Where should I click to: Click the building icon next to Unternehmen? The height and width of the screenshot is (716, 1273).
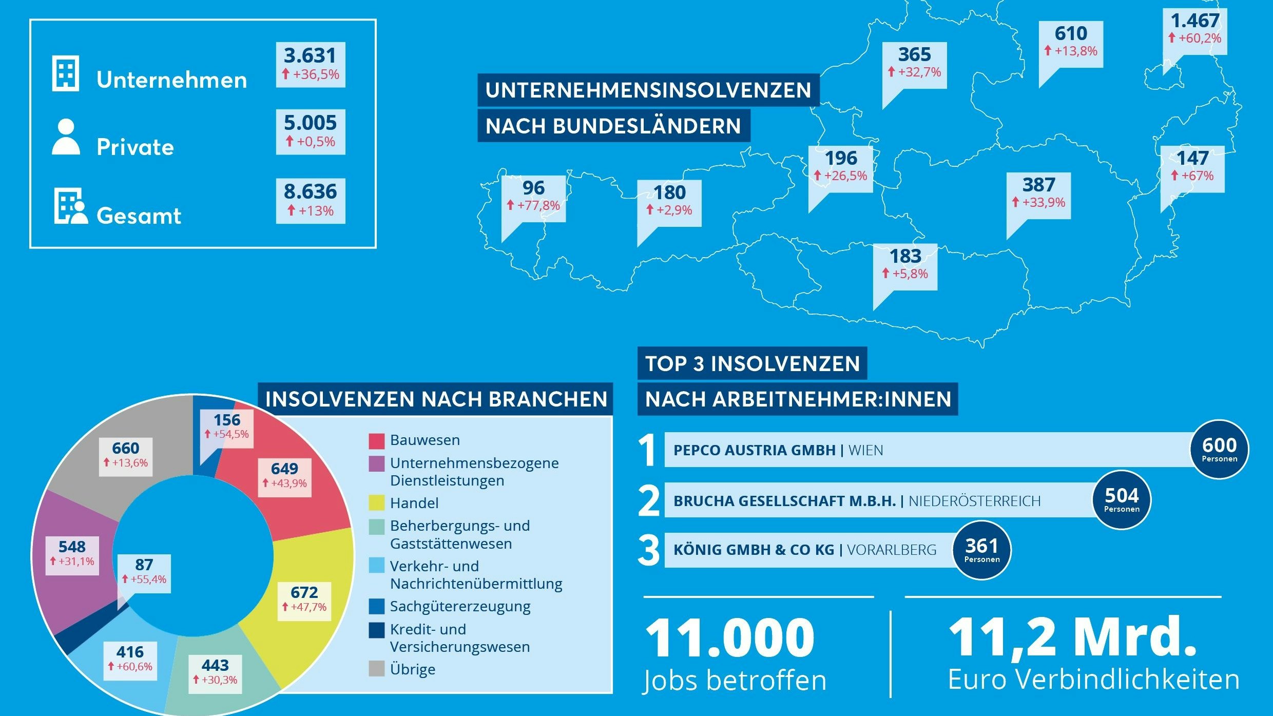66,73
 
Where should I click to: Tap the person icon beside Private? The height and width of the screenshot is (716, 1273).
66,137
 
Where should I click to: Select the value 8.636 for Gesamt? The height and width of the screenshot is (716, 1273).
310,191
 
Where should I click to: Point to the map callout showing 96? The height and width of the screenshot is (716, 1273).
533,197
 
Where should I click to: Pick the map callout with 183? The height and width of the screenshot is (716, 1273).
905,265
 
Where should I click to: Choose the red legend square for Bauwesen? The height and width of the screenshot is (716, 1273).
376,441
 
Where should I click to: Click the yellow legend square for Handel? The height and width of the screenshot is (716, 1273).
376,503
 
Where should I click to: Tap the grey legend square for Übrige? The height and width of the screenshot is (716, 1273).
376,669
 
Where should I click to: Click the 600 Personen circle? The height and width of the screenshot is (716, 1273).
1219,450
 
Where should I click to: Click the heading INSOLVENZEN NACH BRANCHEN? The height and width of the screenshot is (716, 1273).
436,399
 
